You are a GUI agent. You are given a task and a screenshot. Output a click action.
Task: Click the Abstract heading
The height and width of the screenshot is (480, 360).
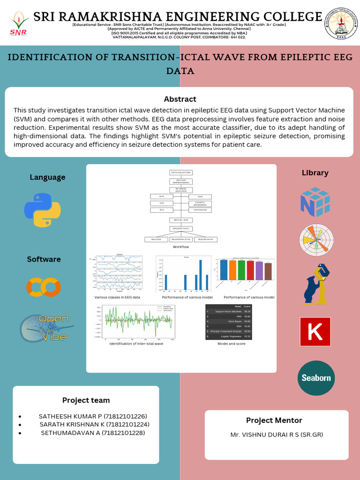coord(180,99)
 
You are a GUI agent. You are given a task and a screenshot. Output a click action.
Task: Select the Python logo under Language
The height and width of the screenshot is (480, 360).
coord(42,210)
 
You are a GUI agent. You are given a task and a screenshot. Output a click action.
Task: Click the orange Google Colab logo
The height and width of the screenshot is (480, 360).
coord(44,287)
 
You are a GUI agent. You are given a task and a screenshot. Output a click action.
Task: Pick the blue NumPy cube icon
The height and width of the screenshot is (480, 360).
coord(315,202)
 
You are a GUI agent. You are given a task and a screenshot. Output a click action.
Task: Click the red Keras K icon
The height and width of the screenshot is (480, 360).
coord(315,332)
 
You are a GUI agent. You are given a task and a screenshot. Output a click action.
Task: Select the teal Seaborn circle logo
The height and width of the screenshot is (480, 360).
coord(316,378)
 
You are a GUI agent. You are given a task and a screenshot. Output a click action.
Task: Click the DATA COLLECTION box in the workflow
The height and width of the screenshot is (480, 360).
coord(181,173)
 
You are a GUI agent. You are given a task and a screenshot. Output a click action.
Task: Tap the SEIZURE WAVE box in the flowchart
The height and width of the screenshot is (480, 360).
coord(205,239)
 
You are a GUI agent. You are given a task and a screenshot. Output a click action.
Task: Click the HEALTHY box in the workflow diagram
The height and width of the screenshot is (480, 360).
coord(156,239)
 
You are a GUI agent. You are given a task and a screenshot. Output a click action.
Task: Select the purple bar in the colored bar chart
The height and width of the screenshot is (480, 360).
coord(259,270)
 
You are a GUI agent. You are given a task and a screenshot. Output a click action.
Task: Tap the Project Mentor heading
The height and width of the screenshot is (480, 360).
coord(274,420)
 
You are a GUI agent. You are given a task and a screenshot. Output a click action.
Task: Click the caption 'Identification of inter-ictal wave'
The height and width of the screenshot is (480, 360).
coord(136,344)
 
